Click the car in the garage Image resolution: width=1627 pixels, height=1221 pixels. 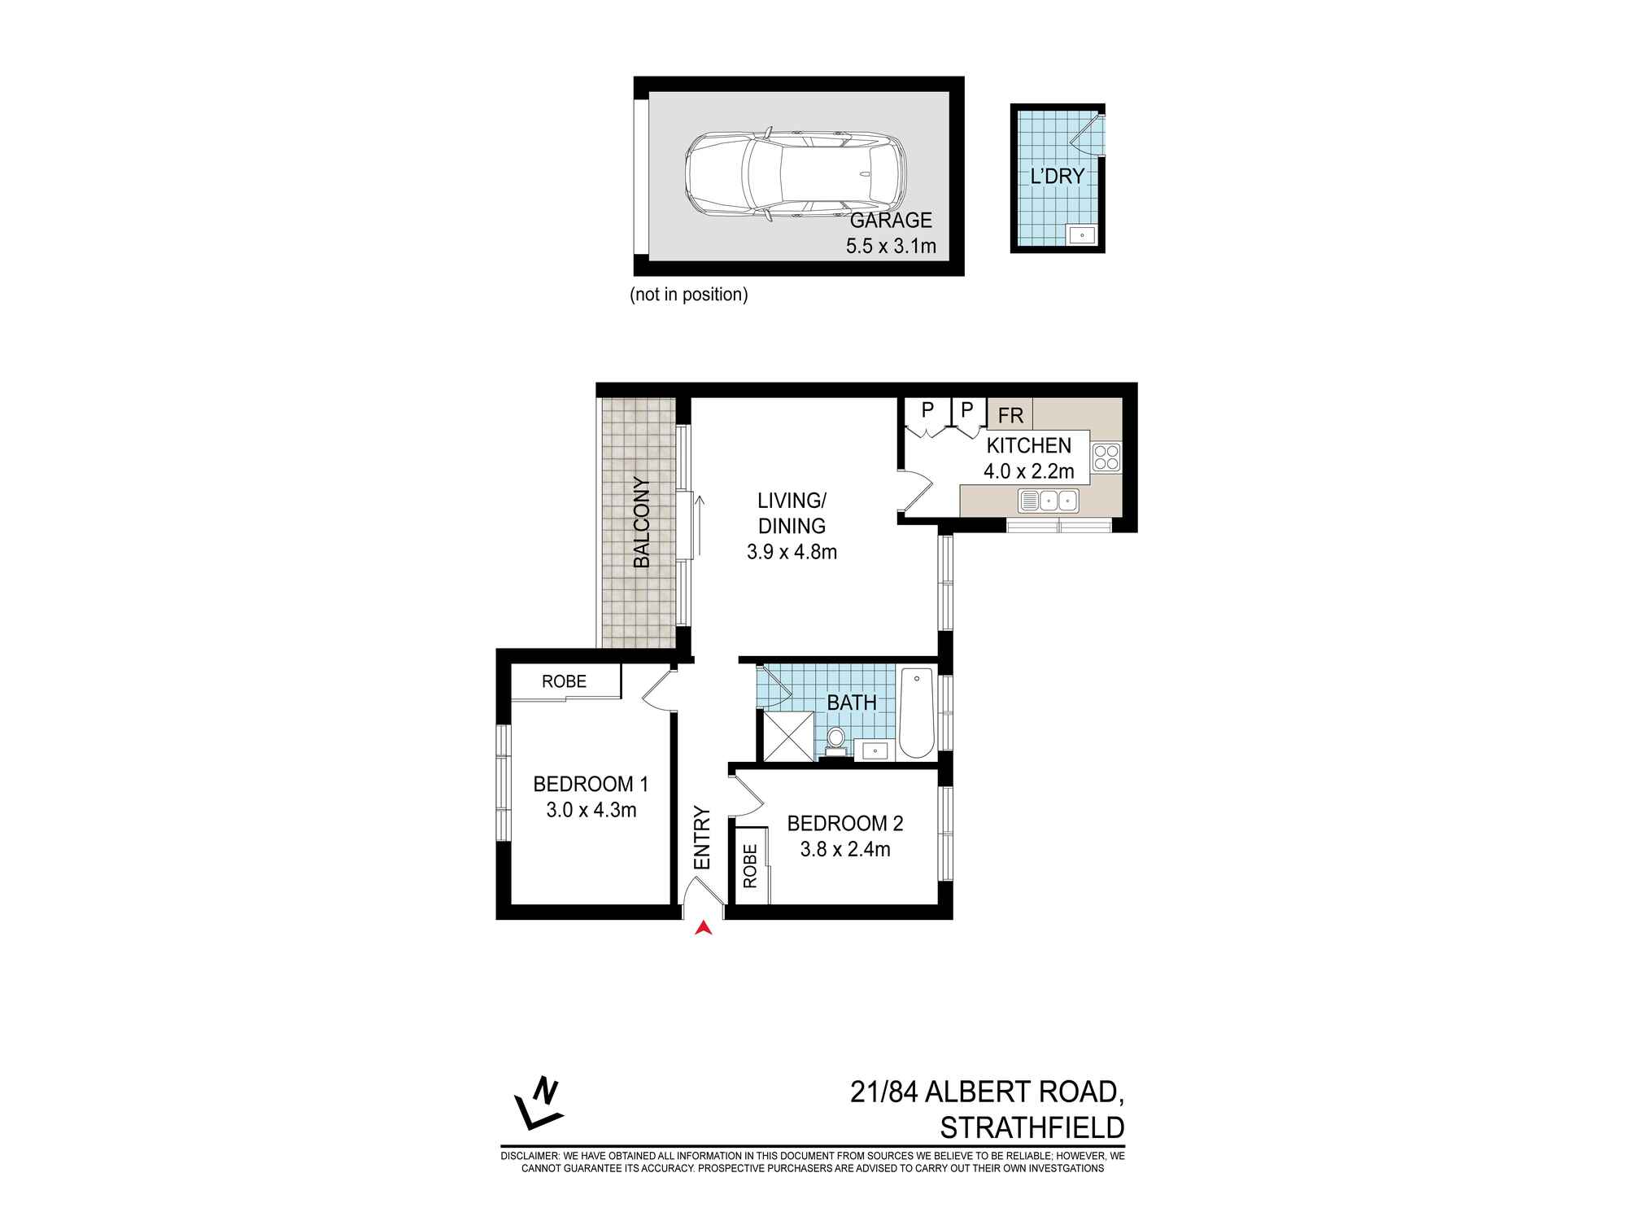tap(794, 175)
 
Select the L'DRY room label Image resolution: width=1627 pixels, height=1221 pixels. tap(1057, 176)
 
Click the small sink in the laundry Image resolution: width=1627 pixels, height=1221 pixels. tap(1081, 235)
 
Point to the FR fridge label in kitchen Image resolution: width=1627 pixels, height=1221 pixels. tap(1010, 415)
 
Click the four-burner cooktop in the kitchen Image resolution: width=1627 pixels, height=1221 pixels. tap(1106, 457)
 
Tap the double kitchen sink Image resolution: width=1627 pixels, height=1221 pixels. tap(1048, 500)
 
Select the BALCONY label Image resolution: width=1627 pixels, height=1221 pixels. tap(641, 523)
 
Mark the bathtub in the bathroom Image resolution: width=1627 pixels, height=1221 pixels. tap(917, 713)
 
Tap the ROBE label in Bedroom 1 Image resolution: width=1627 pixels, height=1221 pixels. tap(564, 681)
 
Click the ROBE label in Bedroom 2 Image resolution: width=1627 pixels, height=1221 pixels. tap(750, 865)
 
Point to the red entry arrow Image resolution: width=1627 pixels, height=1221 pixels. tap(704, 927)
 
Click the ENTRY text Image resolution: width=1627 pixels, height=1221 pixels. tap(701, 838)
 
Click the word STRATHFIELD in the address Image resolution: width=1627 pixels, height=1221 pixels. tap(1032, 1127)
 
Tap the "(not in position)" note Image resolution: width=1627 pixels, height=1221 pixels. tap(688, 295)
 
